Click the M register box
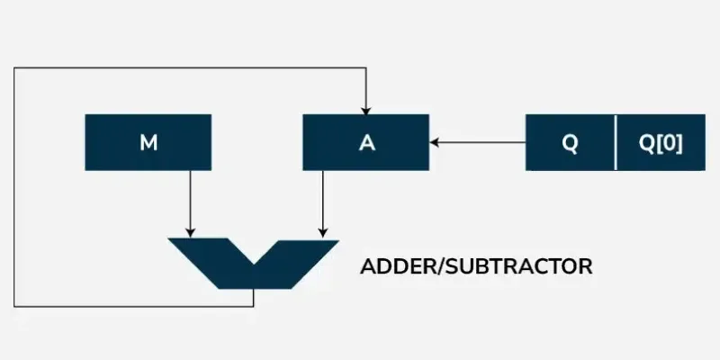pyautogui.click(x=148, y=142)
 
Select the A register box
pyautogui.click(x=366, y=142)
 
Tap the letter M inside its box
pyautogui.click(x=148, y=143)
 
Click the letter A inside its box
pyautogui.click(x=367, y=143)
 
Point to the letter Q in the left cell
pyautogui.click(x=570, y=144)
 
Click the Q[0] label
pyautogui.click(x=661, y=144)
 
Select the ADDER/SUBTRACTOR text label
pyautogui.click(x=476, y=266)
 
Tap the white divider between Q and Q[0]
pyautogui.click(x=616, y=142)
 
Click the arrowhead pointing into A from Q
pyautogui.click(x=435, y=142)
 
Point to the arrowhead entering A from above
pyautogui.click(x=365, y=110)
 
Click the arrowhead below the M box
pyautogui.click(x=190, y=233)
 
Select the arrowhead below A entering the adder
pyautogui.click(x=323, y=233)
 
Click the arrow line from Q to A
pyautogui.click(x=478, y=142)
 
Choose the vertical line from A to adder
pyautogui.click(x=323, y=204)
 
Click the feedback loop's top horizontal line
pyautogui.click(x=190, y=68)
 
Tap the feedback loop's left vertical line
pyautogui.click(x=14, y=187)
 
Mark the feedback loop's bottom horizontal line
pyautogui.click(x=133, y=306)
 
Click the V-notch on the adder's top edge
pyautogui.click(x=254, y=264)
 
